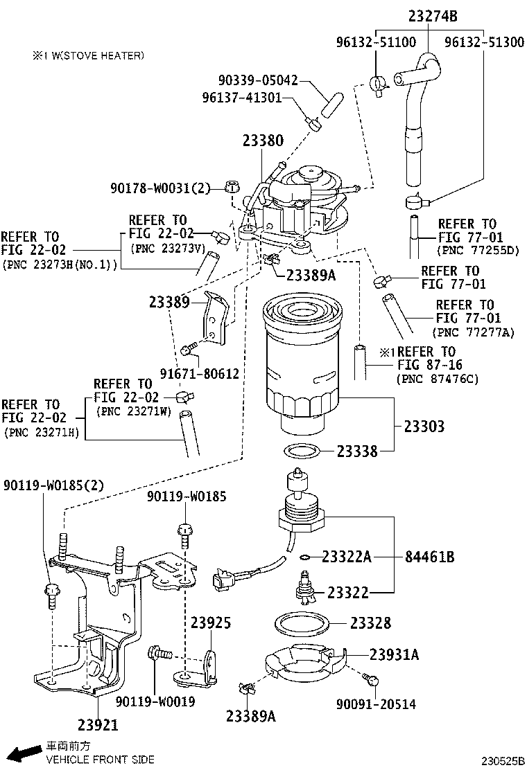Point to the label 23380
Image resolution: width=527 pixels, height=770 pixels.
click(x=263, y=141)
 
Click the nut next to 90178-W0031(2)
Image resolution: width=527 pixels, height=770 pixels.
click(x=233, y=186)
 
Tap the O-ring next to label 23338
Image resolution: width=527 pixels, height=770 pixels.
click(x=302, y=452)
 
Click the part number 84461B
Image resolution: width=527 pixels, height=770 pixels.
click(x=430, y=557)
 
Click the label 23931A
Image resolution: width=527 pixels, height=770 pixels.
click(x=394, y=654)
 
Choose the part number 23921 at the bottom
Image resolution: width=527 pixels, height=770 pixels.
click(x=97, y=725)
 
